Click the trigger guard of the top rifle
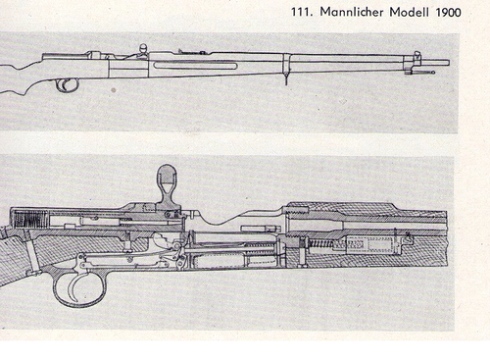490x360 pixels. (x=68, y=84)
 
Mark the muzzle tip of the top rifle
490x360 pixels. (x=446, y=63)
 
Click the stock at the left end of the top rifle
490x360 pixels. (x=15, y=74)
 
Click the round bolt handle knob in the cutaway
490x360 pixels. (x=167, y=180)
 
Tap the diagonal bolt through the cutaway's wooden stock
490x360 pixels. (x=34, y=259)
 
